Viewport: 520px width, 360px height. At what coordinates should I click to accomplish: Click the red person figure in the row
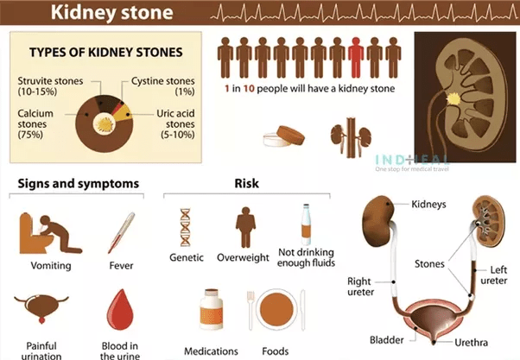tap(356, 58)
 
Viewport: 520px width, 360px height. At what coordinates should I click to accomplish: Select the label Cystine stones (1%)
tap(163, 85)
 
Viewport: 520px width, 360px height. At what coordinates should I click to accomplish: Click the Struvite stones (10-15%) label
tap(50, 85)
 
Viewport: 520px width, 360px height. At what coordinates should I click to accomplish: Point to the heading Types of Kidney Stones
tap(105, 53)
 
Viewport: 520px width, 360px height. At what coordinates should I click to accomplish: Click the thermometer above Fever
tap(122, 233)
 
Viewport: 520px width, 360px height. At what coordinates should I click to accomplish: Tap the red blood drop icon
tap(120, 310)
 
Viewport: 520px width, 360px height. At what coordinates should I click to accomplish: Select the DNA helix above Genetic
tap(186, 227)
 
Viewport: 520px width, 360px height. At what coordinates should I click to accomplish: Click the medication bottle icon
tap(212, 309)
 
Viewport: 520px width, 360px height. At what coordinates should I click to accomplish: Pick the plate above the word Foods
tap(276, 310)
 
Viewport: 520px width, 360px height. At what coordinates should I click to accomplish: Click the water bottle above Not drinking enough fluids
tap(306, 224)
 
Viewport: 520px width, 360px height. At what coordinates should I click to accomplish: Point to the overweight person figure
tap(245, 227)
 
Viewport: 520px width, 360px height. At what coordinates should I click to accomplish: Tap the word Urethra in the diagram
tap(471, 343)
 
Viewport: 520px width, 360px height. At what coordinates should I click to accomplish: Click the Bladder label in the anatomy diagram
tap(387, 340)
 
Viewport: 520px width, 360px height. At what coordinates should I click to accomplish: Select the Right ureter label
tap(360, 287)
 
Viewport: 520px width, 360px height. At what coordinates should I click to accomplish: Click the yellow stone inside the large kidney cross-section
tap(453, 98)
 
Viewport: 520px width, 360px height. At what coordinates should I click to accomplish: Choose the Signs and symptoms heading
tap(79, 184)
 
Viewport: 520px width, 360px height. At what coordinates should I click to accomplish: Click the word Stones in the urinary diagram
tap(429, 264)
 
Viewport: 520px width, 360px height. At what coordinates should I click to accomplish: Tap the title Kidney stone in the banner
tap(111, 13)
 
